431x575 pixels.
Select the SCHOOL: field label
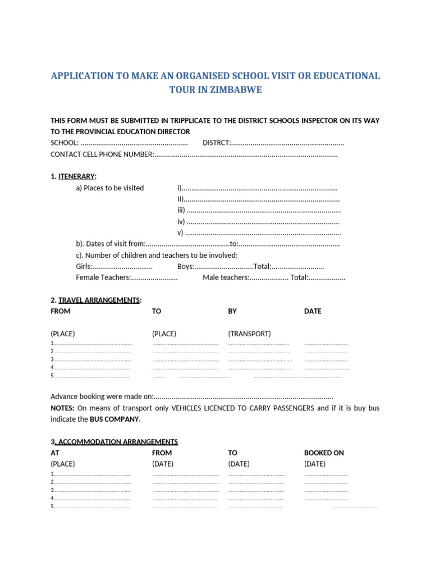65,143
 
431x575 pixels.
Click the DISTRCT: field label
217,143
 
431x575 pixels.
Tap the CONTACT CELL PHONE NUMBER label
102,154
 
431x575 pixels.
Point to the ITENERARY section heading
77,176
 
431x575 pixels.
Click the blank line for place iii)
264,211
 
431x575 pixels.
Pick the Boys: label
186,266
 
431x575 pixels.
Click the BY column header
233,311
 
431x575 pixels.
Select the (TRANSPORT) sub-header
249,334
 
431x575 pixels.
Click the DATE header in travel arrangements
313,311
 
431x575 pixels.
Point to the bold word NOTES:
62,408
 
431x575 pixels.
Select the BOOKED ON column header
324,453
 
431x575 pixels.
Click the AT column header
55,453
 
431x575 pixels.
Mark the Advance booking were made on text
102,397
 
